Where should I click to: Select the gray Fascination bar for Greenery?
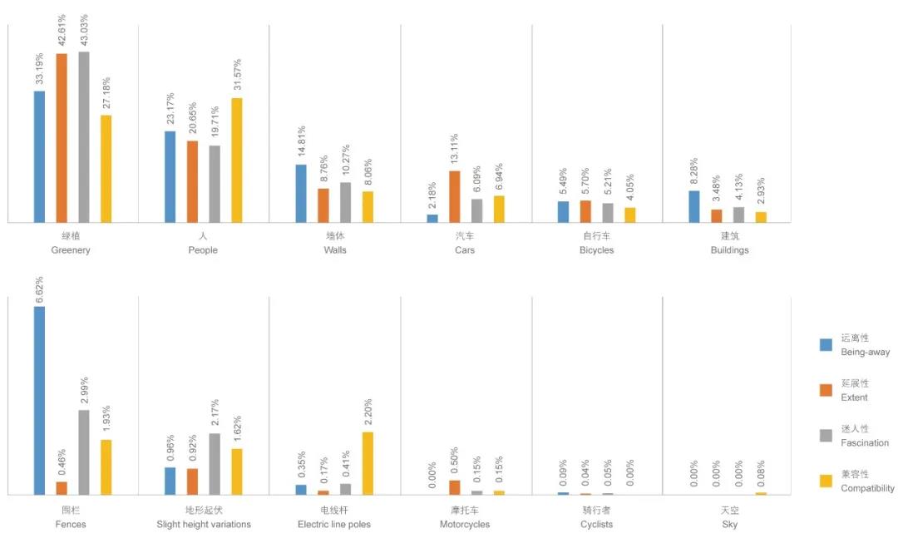tap(84, 137)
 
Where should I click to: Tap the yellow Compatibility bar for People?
tap(237, 160)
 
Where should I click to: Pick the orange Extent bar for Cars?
tap(455, 196)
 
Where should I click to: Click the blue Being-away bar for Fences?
tap(39, 400)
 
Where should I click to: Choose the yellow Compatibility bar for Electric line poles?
tap(368, 463)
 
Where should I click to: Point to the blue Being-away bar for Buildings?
tap(694, 206)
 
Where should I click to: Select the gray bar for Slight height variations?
tap(215, 464)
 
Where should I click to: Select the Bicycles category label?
tap(596, 250)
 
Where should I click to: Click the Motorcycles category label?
tap(465, 525)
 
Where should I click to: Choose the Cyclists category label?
tap(596, 525)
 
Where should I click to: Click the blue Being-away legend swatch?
tap(826, 345)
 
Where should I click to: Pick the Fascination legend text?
tap(865, 443)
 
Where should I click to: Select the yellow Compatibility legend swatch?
tap(826, 481)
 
